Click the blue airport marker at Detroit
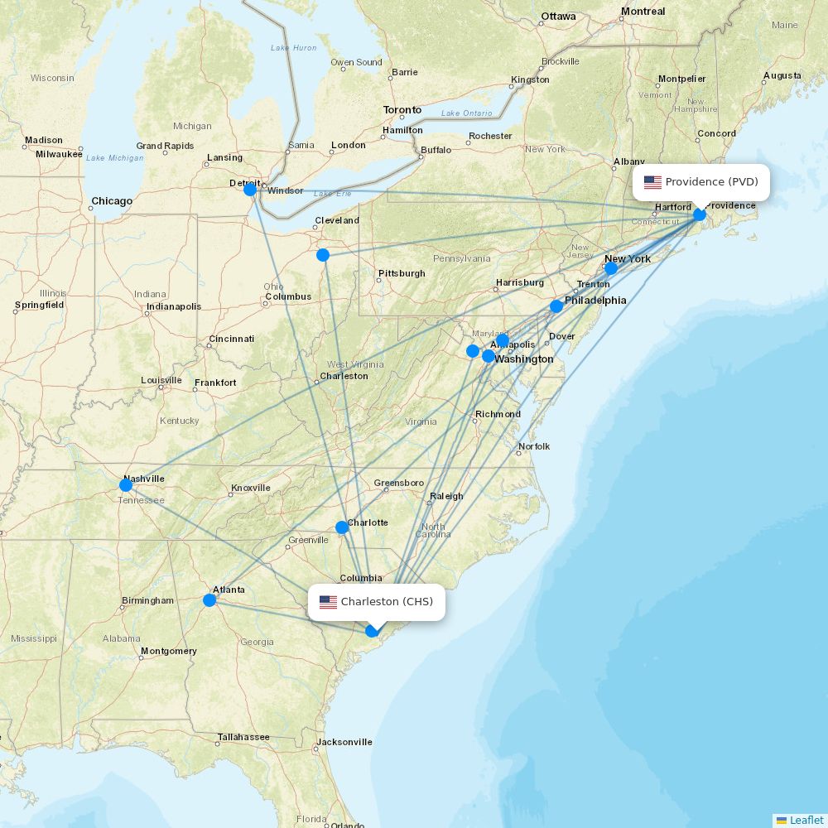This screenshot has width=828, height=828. pyautogui.click(x=250, y=190)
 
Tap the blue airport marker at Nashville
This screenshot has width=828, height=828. pyautogui.click(x=126, y=485)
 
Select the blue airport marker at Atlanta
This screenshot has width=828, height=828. pyautogui.click(x=210, y=600)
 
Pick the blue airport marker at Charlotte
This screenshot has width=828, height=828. pyautogui.click(x=342, y=527)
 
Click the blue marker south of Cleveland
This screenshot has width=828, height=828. pyautogui.click(x=323, y=255)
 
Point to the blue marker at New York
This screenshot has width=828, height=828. pyautogui.click(x=611, y=268)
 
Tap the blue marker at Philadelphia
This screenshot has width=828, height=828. pyautogui.click(x=556, y=306)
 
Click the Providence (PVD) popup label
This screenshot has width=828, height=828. pyautogui.click(x=711, y=182)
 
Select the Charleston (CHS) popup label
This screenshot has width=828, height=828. pyautogui.click(x=387, y=602)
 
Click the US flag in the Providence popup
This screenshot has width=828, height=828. pyautogui.click(x=652, y=182)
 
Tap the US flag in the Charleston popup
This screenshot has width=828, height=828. pyautogui.click(x=328, y=602)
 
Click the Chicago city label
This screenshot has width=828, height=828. pyautogui.click(x=112, y=201)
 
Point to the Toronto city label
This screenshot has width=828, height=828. pyautogui.click(x=402, y=110)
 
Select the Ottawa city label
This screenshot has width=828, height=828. pyautogui.click(x=558, y=17)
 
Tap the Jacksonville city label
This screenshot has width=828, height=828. pyautogui.click(x=344, y=742)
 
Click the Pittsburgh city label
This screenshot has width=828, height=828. pyautogui.click(x=402, y=273)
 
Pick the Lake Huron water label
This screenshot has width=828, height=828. pyautogui.click(x=293, y=48)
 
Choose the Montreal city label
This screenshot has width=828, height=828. pyautogui.click(x=643, y=12)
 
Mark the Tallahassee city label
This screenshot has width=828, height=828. pyautogui.click(x=243, y=737)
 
